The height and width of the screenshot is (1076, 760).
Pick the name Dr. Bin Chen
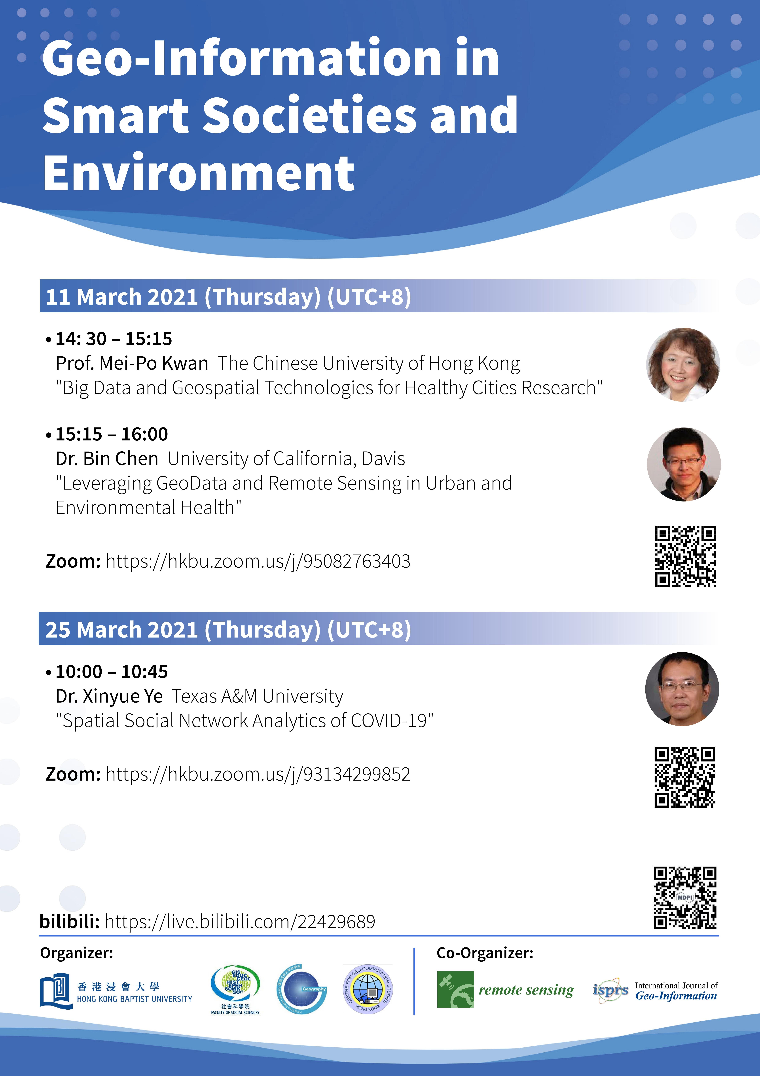(x=107, y=458)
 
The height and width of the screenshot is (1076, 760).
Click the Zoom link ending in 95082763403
(x=258, y=561)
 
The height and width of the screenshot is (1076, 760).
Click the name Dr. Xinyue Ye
(x=109, y=696)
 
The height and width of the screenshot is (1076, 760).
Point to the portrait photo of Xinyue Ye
(x=682, y=689)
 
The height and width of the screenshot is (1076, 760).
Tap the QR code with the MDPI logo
(x=685, y=897)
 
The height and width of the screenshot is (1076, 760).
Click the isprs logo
(x=611, y=990)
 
